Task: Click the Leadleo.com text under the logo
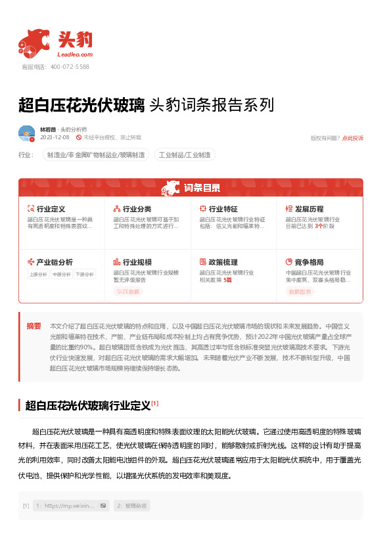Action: tap(76, 55)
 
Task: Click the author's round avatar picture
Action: tap(26, 133)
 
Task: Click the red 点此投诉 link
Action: tap(353, 138)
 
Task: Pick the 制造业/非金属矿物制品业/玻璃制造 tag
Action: tap(95, 155)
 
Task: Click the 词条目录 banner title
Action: tap(202, 187)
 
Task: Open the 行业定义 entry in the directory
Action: tap(51, 208)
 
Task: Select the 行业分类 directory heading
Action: tap(137, 208)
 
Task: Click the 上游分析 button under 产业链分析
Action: tap(38, 275)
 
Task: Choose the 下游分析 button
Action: tap(84, 275)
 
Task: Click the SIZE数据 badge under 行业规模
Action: tap(129, 291)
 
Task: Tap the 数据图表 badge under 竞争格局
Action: tap(300, 291)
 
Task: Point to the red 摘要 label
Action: tap(34, 326)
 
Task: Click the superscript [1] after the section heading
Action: tap(154, 403)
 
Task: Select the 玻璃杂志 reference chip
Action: tap(133, 506)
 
